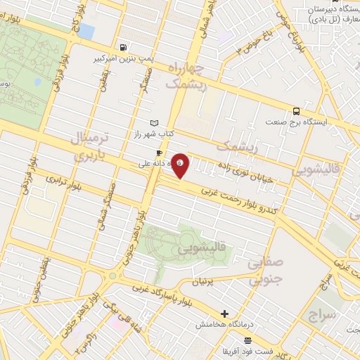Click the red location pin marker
pyautogui.click(x=181, y=165)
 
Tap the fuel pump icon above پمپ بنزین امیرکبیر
pyautogui.click(x=124, y=48)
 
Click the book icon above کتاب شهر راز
pyautogui.click(x=154, y=123)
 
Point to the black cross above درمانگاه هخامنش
pyautogui.click(x=224, y=314)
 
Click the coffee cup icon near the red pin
pyautogui.click(x=160, y=153)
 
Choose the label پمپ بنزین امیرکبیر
pyautogui.click(x=124, y=59)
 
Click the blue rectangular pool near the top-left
pyautogui.click(x=86, y=31)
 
